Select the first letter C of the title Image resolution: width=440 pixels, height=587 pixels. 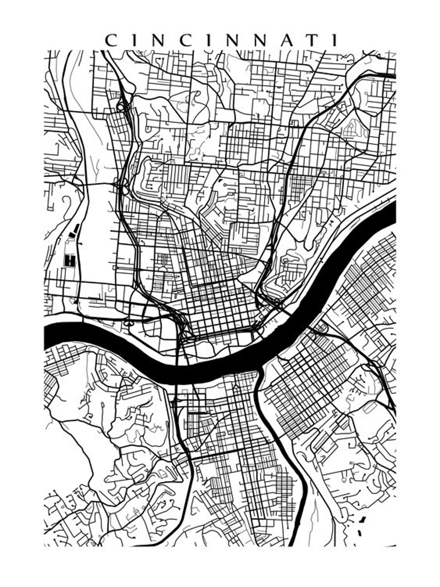click(111, 40)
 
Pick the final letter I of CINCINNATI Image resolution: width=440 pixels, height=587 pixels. click(335, 40)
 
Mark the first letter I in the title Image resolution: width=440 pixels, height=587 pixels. click(132, 40)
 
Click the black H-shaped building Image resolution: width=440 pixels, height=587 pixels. click(69, 260)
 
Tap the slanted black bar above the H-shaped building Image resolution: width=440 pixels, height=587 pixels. click(76, 229)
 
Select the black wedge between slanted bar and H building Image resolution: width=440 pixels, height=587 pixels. click(71, 235)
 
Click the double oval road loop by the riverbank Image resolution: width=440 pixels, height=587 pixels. click(128, 322)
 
